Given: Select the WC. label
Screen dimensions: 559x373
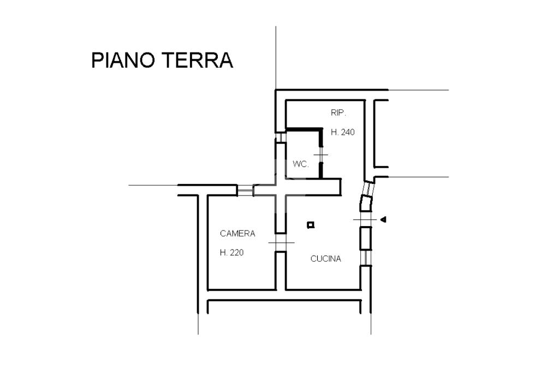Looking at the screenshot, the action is pyautogui.click(x=300, y=164).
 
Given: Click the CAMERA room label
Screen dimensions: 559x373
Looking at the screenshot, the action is pyautogui.click(x=237, y=234).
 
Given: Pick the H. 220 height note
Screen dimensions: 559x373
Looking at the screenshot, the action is pyautogui.click(x=231, y=253).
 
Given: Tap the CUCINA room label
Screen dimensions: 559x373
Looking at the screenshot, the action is pyautogui.click(x=325, y=259).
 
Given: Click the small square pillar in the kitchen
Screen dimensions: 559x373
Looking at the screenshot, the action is pyautogui.click(x=310, y=224).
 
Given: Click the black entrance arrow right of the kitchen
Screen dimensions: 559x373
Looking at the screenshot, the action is pyautogui.click(x=383, y=220).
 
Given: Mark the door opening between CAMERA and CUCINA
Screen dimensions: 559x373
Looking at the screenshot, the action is pyautogui.click(x=280, y=242).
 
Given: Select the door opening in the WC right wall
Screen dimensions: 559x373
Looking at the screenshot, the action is pyautogui.click(x=320, y=156).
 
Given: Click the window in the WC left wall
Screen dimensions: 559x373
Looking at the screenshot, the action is pyautogui.click(x=279, y=137).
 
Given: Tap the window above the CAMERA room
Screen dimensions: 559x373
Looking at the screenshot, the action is pyautogui.click(x=245, y=190).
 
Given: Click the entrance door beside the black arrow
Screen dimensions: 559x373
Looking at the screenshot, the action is pyautogui.click(x=365, y=220).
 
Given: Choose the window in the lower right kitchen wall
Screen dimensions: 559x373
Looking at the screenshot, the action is pyautogui.click(x=365, y=257).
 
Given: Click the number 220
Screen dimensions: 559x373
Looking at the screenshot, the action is pyautogui.click(x=237, y=253).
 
